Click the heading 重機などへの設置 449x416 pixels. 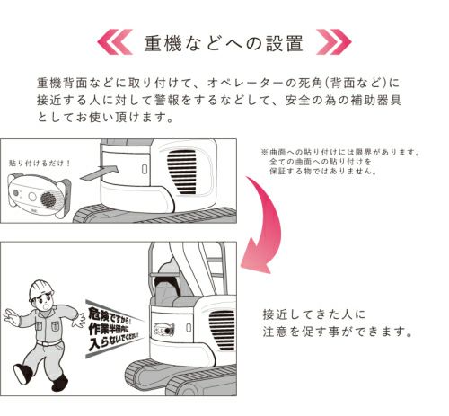point(224,44)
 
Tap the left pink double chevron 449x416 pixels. point(115,41)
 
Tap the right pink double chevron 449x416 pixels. point(333,41)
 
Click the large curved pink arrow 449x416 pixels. point(263,222)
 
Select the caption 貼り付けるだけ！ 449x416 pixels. point(40,163)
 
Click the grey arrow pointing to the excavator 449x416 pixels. point(100,173)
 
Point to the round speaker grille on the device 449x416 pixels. point(48,199)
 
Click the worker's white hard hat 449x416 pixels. point(40,289)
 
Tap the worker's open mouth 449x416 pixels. point(46,307)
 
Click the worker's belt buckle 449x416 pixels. point(45,343)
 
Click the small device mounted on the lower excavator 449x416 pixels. point(163,330)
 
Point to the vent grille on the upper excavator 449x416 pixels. point(181,172)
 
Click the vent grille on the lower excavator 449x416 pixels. point(222,330)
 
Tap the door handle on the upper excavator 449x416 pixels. point(145,170)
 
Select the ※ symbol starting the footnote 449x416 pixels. point(264,152)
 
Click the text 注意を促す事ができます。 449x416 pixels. point(338,332)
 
